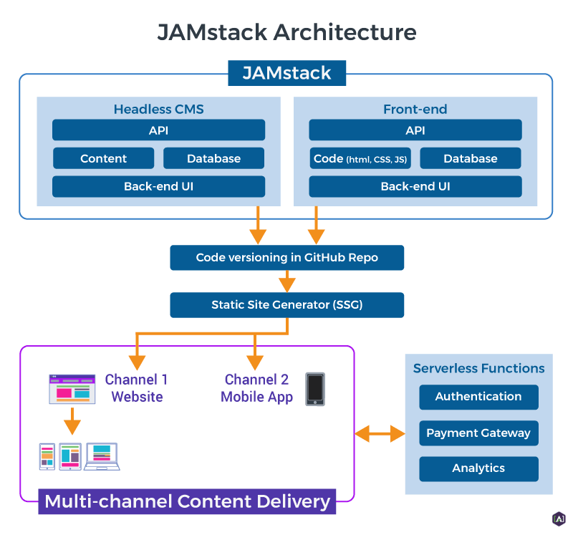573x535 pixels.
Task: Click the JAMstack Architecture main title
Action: pos(286,32)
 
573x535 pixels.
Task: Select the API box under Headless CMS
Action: pos(158,130)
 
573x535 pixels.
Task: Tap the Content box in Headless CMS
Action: pos(103,158)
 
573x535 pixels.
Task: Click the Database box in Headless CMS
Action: pos(213,158)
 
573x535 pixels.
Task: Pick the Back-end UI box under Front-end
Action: pos(415,186)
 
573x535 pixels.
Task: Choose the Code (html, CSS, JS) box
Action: pos(360,158)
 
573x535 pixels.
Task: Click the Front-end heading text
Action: pos(415,110)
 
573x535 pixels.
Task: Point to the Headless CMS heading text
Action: pos(158,110)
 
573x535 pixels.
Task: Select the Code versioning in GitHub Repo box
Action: pos(286,257)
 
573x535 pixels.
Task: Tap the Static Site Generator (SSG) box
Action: pos(286,304)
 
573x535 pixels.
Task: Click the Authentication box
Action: pos(478,396)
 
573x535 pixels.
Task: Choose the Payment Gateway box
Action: pos(478,433)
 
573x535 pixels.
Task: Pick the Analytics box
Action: pos(478,468)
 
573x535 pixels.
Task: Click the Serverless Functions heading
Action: pos(478,369)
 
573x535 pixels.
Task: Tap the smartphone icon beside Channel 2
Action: pos(315,389)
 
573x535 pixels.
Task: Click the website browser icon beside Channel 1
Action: pos(72,388)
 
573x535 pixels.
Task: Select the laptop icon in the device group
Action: pos(101,456)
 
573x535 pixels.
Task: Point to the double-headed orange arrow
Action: pos(380,433)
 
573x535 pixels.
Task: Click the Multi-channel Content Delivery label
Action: pos(187,501)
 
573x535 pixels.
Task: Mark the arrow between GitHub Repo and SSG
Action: pos(287,281)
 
